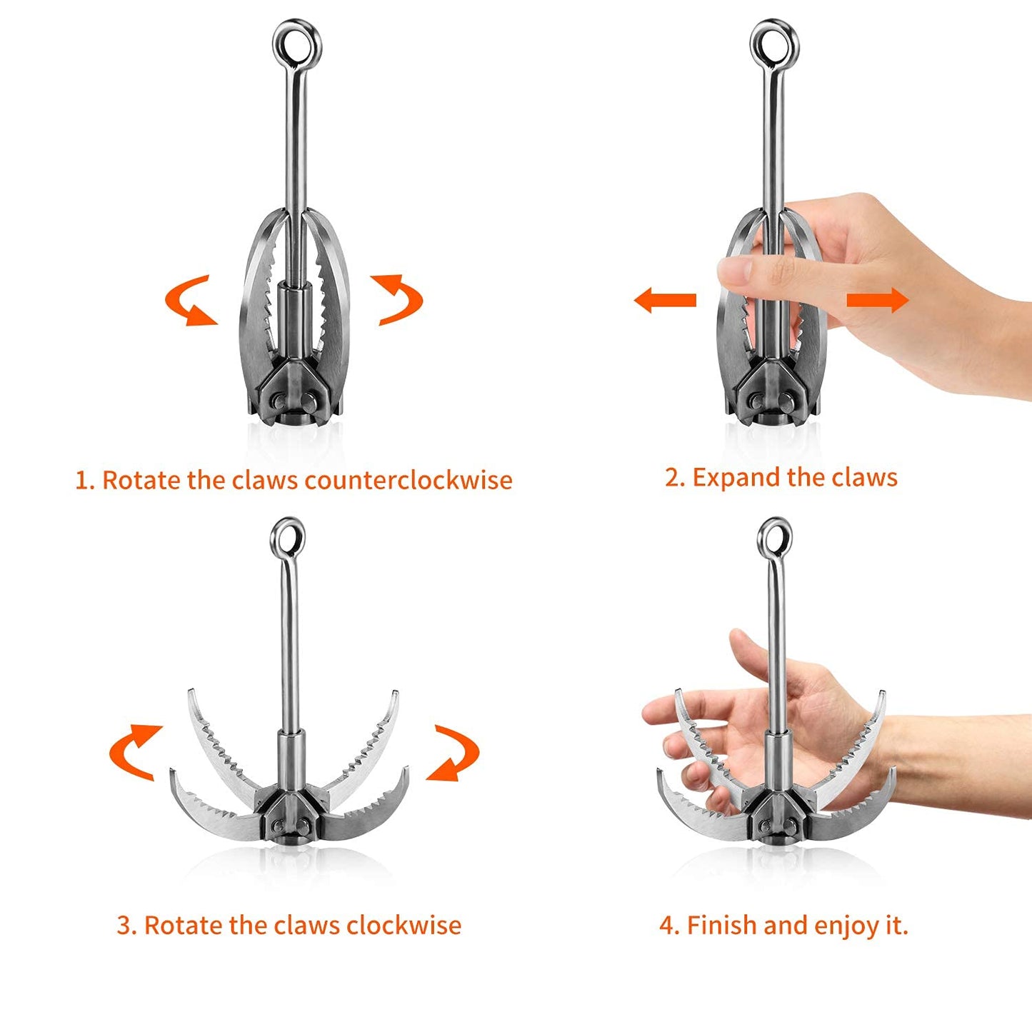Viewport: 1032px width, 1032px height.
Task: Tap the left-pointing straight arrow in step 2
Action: point(664,300)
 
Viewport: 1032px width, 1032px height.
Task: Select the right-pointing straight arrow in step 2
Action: point(878,300)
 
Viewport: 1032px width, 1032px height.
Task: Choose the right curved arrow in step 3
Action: point(454,753)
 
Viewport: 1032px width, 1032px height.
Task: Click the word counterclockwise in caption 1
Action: point(409,480)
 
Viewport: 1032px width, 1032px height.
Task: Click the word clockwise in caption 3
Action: point(404,925)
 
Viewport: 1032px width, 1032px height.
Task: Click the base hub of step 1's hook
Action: point(294,400)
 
